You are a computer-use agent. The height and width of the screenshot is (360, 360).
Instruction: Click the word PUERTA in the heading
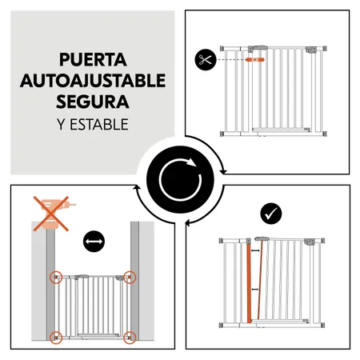coord(94,60)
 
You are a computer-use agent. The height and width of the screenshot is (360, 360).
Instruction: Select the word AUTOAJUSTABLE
coord(94,81)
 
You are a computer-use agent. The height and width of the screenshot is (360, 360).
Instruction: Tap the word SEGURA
coord(94,102)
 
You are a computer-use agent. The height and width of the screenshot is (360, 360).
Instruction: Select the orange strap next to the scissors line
coord(255,58)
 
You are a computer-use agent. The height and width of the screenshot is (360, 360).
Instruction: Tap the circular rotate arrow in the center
coord(179,179)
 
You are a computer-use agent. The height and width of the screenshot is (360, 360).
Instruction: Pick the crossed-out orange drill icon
coord(50,214)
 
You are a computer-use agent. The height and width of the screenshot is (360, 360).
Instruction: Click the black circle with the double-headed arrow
coord(93,239)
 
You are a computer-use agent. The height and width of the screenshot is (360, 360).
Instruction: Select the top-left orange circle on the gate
coord(57,278)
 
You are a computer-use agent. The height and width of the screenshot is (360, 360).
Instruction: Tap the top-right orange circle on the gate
coord(131,278)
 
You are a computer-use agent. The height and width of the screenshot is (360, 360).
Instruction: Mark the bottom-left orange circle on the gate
coord(57,336)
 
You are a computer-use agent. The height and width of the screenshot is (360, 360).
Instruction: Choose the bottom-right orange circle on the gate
coord(131,336)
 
